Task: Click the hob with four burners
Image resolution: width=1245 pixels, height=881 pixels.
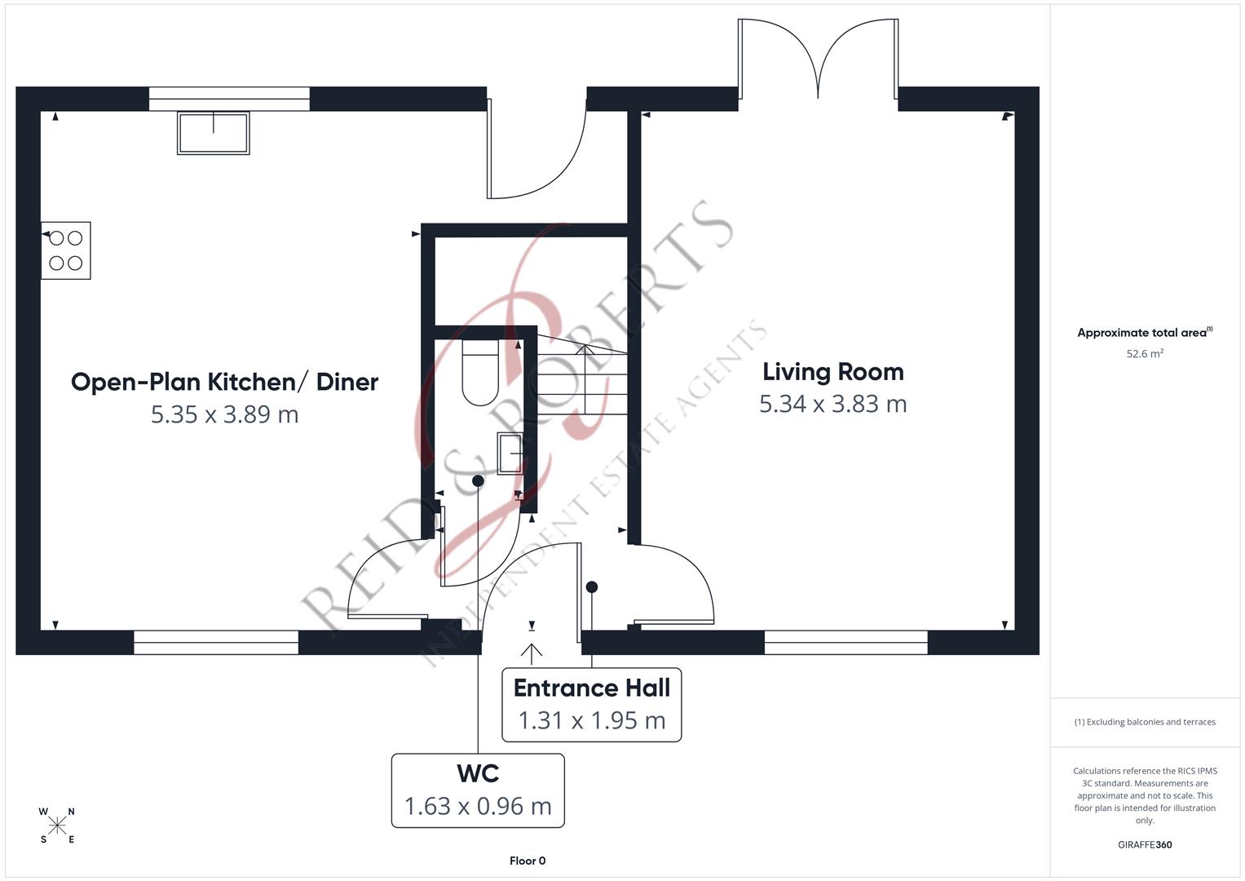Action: coord(66,250)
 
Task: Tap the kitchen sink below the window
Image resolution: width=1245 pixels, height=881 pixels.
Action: coord(214,133)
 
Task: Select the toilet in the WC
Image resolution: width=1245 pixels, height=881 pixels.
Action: coord(480,374)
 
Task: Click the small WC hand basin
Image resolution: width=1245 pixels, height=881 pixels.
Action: coord(510,454)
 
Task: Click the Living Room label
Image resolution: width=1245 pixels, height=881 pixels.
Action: coord(832,372)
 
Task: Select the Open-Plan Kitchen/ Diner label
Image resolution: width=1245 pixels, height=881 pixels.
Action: coord(224,382)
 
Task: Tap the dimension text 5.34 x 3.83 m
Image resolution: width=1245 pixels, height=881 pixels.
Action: coord(832,405)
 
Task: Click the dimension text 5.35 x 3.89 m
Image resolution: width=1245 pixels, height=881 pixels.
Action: coord(224,414)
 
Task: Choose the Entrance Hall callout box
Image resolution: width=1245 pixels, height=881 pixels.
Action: coord(591,705)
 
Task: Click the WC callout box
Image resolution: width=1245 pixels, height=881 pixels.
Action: coord(478,790)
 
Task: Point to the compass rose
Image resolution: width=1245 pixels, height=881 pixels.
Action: coord(57,826)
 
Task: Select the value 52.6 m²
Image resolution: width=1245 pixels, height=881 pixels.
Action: coord(1144,354)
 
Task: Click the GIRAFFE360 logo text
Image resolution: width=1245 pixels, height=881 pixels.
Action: coord(1144,845)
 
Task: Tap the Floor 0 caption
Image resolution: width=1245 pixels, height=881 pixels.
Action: coord(528,861)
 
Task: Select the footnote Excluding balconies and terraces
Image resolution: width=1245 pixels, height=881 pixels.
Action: coord(1144,722)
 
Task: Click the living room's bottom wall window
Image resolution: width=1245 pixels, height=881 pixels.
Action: coord(845,643)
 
